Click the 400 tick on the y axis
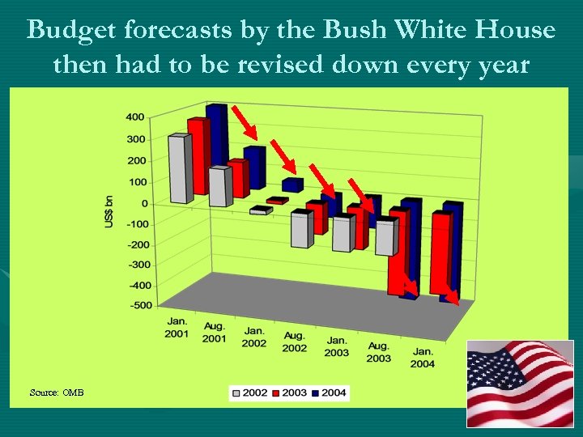pos(135,117)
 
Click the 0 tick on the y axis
pos(143,203)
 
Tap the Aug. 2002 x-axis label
pos(294,342)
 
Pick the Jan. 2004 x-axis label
pos(422,358)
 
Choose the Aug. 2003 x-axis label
pos(379,352)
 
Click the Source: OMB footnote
pos(57,392)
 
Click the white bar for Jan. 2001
pos(180,170)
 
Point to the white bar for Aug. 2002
pos(300,230)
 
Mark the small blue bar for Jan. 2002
pos(291,185)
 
